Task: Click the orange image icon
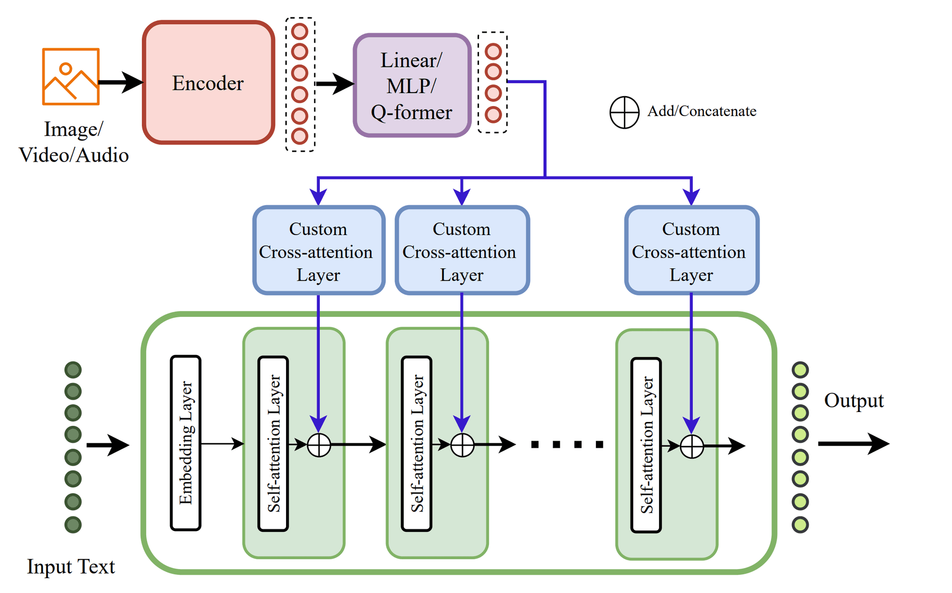coord(71,76)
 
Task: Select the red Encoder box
coord(208,83)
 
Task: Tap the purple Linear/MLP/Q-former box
coord(412,86)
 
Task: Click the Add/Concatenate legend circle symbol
coord(624,112)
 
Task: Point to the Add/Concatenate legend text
coord(702,111)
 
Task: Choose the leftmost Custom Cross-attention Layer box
coord(319,251)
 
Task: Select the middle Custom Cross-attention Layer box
coord(462,251)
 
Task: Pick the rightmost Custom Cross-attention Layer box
coord(692,251)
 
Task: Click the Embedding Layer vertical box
coord(185,443)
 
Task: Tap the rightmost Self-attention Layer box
coord(646,445)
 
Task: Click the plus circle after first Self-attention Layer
coord(319,445)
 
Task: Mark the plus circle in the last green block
coord(692,446)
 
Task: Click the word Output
coord(853,401)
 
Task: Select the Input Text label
coord(71,566)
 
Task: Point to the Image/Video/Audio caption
coord(73,142)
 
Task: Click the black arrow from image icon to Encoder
coord(120,82)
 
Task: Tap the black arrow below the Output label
coord(853,443)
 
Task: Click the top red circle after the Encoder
coord(300,31)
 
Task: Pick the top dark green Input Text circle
coord(73,370)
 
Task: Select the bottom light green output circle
coord(800,525)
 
